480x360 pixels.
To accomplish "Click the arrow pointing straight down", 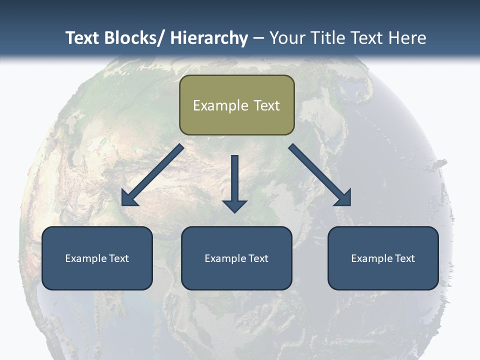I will click(234, 182).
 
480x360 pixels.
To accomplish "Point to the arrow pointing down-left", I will click(152, 175).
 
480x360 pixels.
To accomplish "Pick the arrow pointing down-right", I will click(320, 175).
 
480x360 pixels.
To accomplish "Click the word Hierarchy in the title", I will click(209, 38).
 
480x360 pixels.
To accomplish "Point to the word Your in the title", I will click(287, 38).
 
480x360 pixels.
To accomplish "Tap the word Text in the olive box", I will click(266, 105).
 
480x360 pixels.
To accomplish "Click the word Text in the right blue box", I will click(404, 258).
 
